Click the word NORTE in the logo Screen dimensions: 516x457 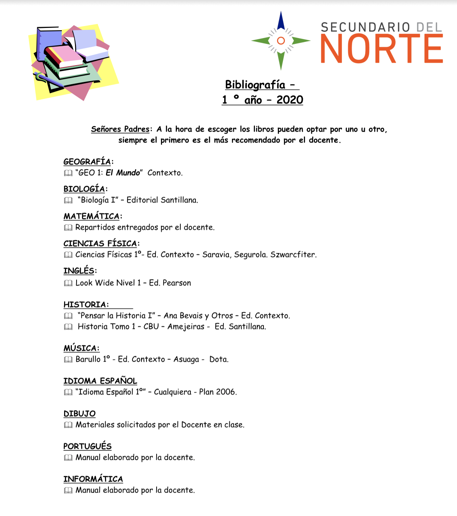[382, 48]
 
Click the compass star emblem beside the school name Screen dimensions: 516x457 [281, 40]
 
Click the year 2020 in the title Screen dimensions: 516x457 [290, 100]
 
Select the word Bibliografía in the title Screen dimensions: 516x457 [255, 85]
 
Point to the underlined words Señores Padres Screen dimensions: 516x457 [120, 129]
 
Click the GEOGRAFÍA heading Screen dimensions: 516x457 [87, 161]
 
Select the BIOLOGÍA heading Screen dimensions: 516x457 [84, 189]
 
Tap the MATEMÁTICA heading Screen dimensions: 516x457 [91, 216]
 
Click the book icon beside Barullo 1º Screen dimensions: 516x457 [68, 360]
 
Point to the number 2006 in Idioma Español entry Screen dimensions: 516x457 [226, 392]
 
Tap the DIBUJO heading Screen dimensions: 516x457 [79, 414]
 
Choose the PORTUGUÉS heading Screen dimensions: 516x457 [87, 446]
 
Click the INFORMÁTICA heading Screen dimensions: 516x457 [93, 479]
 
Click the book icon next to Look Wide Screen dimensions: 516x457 [68, 283]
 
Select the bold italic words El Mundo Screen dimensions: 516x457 [122, 173]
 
